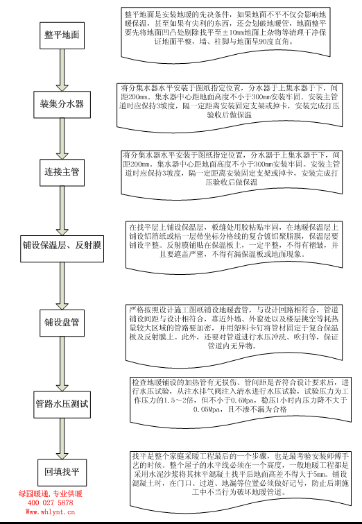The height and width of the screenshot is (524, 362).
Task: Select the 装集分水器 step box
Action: pyautogui.click(x=62, y=104)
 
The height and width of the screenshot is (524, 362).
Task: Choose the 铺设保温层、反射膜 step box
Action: pyautogui.click(x=62, y=246)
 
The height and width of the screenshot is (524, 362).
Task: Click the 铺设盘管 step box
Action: pyautogui.click(x=62, y=323)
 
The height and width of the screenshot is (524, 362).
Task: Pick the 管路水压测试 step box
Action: pyautogui.click(x=62, y=403)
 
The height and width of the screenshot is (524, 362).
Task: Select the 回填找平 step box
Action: pyautogui.click(x=62, y=470)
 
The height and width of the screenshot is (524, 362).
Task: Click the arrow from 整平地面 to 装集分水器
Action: pyautogui.click(x=62, y=69)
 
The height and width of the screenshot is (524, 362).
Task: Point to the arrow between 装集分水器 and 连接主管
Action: pyautogui.click(x=62, y=137)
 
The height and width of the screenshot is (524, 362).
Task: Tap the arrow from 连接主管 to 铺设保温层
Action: pyautogui.click(x=62, y=206)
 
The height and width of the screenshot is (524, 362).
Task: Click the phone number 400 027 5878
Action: pyautogui.click(x=50, y=502)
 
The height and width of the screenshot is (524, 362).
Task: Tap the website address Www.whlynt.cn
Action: pyautogui.click(x=50, y=512)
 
